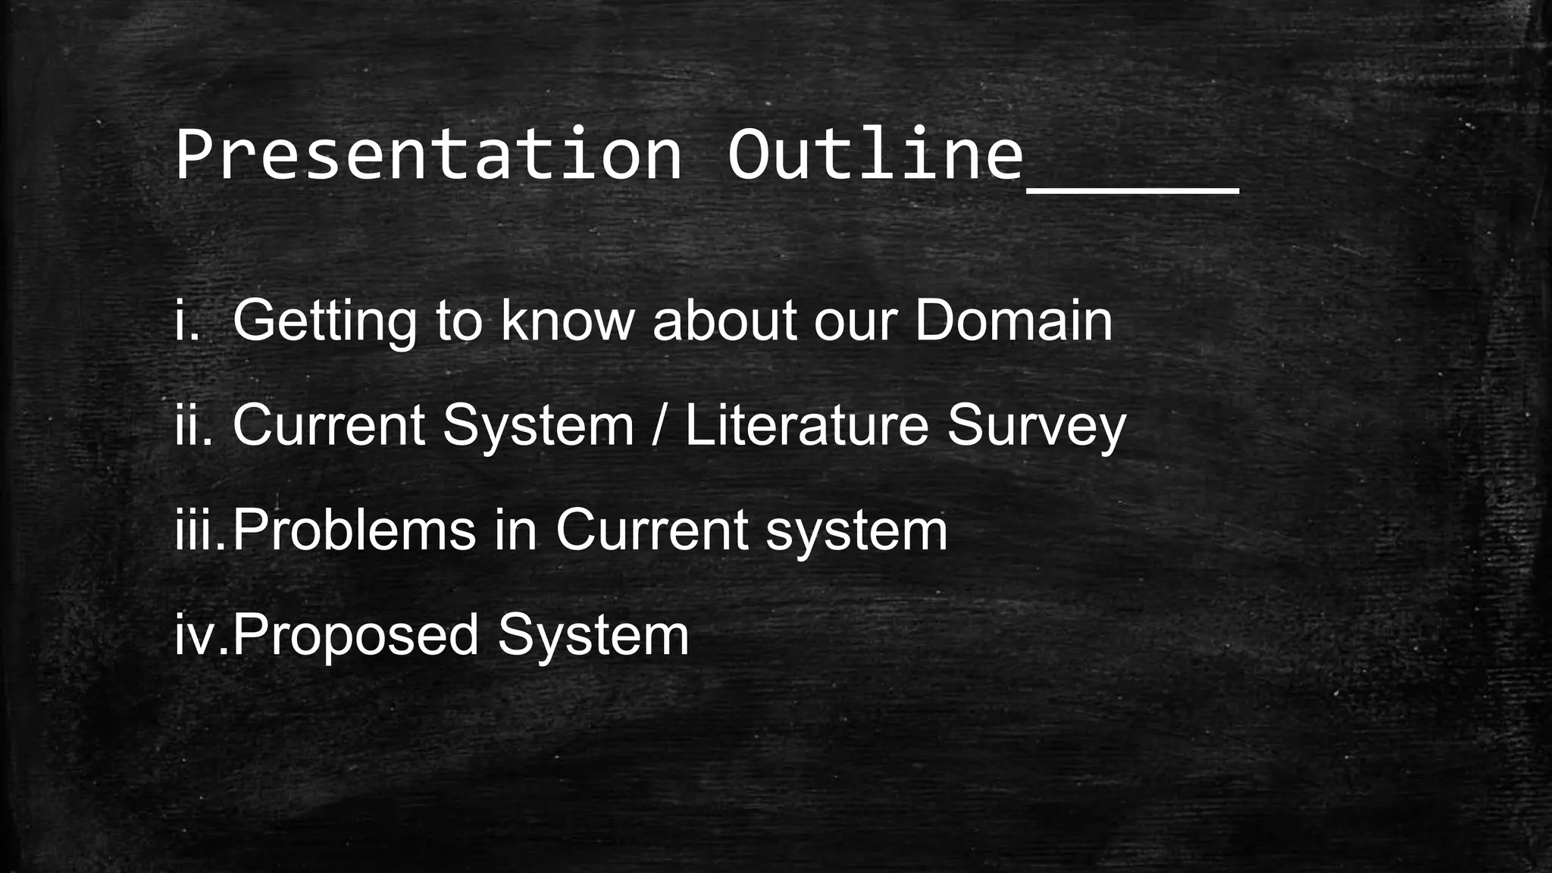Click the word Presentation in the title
pos(428,155)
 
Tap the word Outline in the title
pos(875,155)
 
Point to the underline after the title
pos(1132,189)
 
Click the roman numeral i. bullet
pos(186,320)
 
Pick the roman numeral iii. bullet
pos(200,530)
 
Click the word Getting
pos(324,321)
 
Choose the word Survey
pos(1036,426)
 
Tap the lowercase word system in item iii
pos(856,531)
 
